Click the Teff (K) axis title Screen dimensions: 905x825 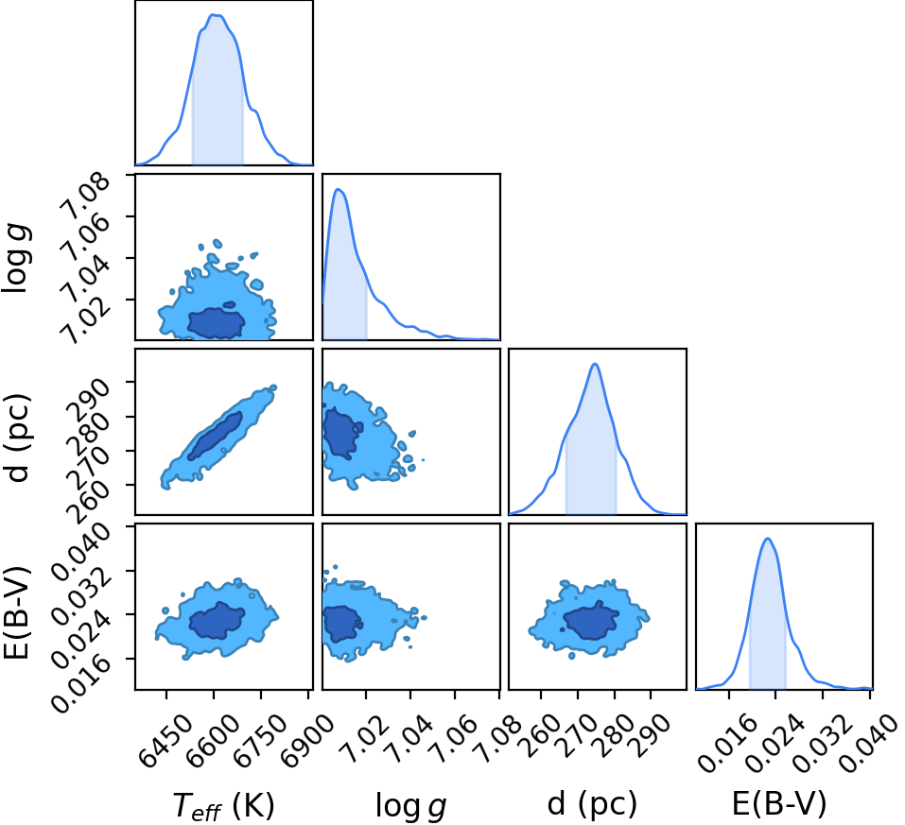pyautogui.click(x=223, y=805)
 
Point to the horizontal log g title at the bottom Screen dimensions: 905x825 pyautogui.click(x=410, y=806)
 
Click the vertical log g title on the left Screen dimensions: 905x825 pyautogui.click(x=16, y=257)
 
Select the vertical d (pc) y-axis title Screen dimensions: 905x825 pyautogui.click(x=16, y=438)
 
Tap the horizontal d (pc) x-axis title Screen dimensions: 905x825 pyautogui.click(x=592, y=803)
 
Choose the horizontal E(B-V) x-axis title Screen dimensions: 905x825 pyautogui.click(x=779, y=803)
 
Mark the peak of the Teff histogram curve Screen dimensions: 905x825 pyautogui.click(x=215, y=14)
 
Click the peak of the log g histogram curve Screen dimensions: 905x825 pyautogui.click(x=339, y=189)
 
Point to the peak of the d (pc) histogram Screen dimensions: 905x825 pyautogui.click(x=595, y=364)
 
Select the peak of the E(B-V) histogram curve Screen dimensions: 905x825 pyautogui.click(x=768, y=539)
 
